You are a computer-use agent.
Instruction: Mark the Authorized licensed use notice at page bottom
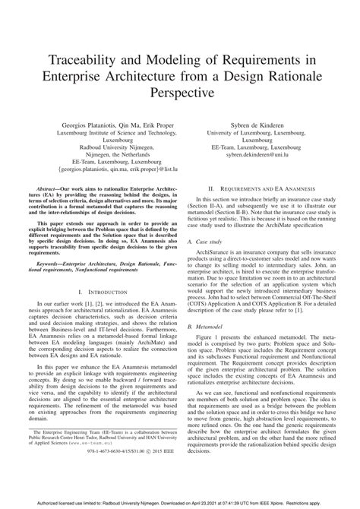click(179, 502)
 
